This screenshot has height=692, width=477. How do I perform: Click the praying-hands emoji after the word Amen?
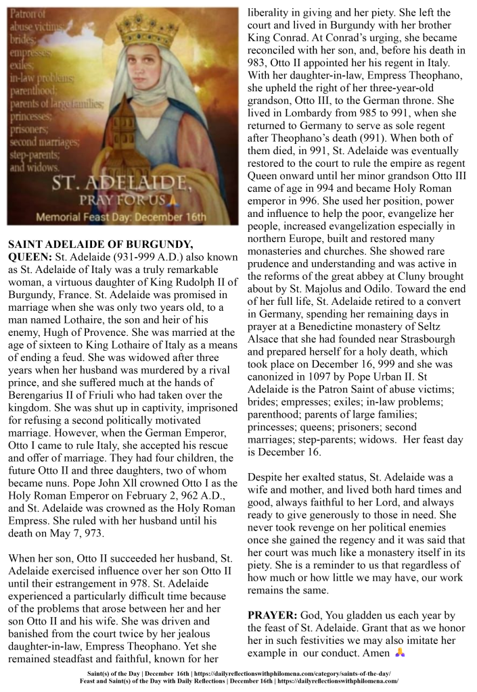pyautogui.click(x=401, y=653)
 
